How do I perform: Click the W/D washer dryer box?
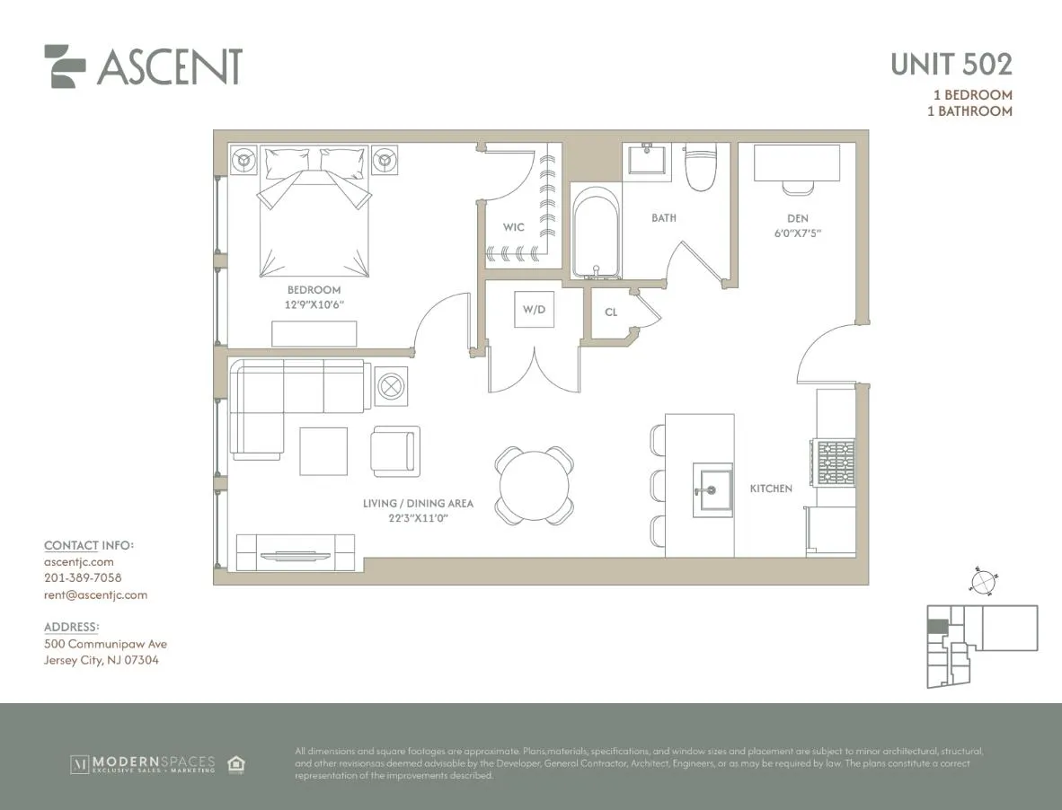click(534, 311)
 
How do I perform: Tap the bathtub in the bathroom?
click(596, 232)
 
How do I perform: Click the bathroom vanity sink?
click(646, 159)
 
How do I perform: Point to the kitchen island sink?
click(712, 490)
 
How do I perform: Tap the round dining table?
click(534, 485)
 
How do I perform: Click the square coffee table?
click(323, 451)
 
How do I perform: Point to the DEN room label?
click(797, 218)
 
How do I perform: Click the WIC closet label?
click(513, 227)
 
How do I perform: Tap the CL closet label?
click(611, 313)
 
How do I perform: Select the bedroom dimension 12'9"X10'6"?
click(314, 304)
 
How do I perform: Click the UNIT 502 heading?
click(951, 64)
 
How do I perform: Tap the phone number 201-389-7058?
click(83, 577)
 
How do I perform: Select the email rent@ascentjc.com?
click(95, 594)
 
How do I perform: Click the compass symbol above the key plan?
click(984, 581)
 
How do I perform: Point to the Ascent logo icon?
click(65, 66)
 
